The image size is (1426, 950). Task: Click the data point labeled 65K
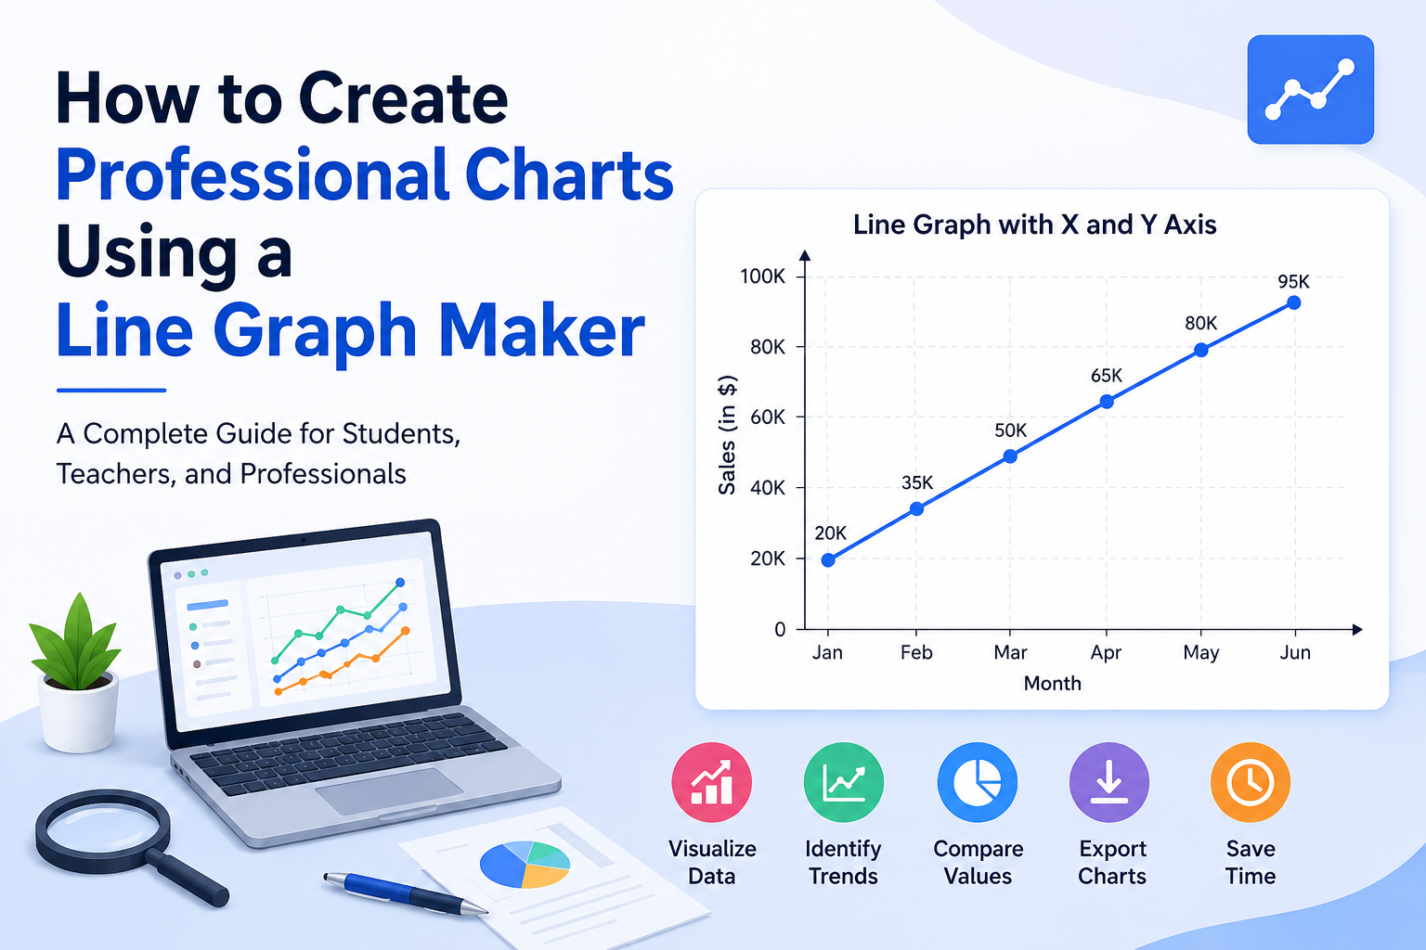(x=1107, y=402)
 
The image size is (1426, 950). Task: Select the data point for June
(x=1294, y=302)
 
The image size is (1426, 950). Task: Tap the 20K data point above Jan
(x=828, y=560)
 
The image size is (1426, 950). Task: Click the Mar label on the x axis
(x=1010, y=652)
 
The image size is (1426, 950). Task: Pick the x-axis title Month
(x=1052, y=684)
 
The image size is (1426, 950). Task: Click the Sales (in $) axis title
(x=727, y=435)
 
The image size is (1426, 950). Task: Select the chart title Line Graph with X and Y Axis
(x=1034, y=225)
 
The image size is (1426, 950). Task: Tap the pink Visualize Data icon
(x=712, y=783)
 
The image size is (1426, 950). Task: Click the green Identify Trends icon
(x=844, y=783)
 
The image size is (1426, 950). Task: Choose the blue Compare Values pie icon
(x=978, y=783)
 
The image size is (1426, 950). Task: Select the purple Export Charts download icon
(x=1109, y=783)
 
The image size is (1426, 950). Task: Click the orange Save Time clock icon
(x=1251, y=783)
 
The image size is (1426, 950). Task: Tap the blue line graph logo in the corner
(x=1310, y=90)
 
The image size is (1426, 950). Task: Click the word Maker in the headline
(x=542, y=331)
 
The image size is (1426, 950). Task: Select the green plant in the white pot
(x=76, y=643)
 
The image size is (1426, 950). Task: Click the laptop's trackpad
(x=389, y=791)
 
